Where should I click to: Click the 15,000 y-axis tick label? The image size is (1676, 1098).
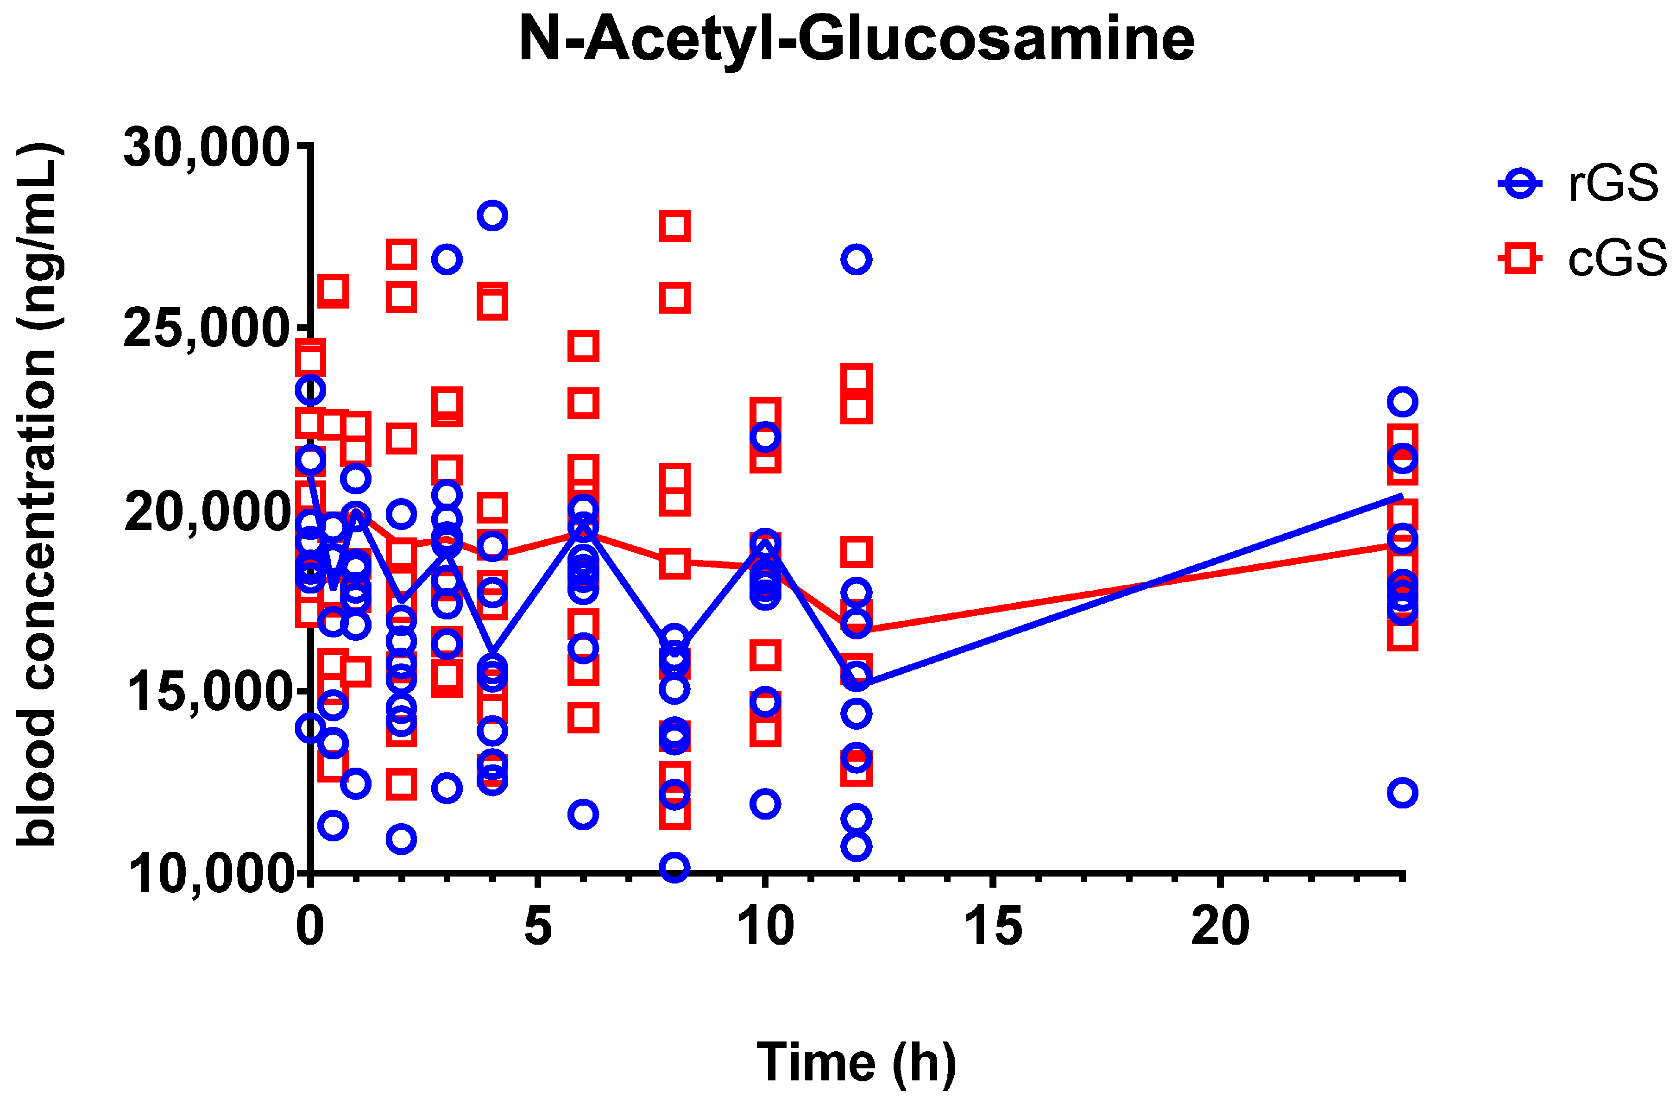click(206, 692)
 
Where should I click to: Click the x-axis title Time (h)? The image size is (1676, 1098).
click(857, 1061)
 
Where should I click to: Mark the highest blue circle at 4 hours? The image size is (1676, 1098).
click(492, 215)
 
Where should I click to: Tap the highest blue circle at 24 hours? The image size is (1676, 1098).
click(1402, 402)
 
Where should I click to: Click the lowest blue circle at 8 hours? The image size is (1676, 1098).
click(674, 867)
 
